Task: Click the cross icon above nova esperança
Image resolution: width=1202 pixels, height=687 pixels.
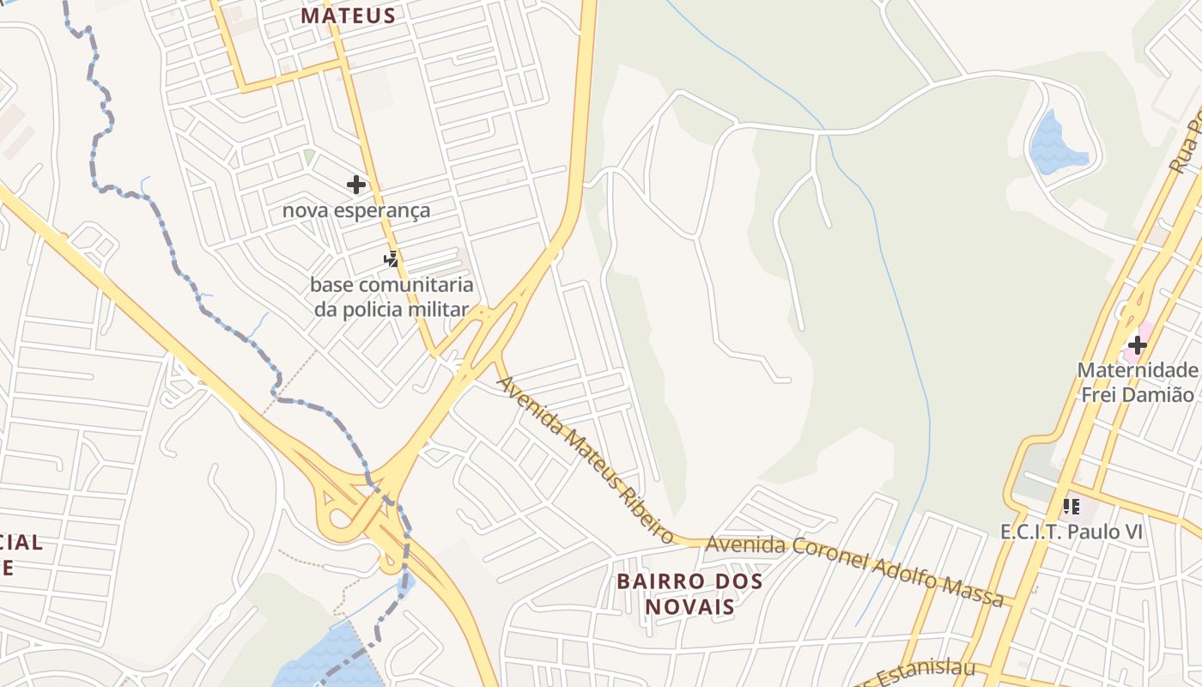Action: point(355,185)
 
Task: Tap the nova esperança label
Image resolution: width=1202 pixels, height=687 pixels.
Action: point(356,210)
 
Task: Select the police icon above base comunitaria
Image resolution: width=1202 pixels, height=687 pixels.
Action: point(391,258)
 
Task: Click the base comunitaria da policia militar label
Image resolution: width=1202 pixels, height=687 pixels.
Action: point(392,297)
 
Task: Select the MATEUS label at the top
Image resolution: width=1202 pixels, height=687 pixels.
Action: point(348,15)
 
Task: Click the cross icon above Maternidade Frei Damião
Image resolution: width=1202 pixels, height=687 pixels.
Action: point(1138,345)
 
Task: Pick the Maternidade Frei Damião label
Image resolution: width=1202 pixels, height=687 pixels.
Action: point(1137,383)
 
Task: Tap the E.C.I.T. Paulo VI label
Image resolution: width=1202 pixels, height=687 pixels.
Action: point(1071,532)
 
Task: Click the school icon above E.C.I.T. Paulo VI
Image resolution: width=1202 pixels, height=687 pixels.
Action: point(1071,507)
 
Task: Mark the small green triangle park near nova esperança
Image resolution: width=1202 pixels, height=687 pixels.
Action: point(308,155)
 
